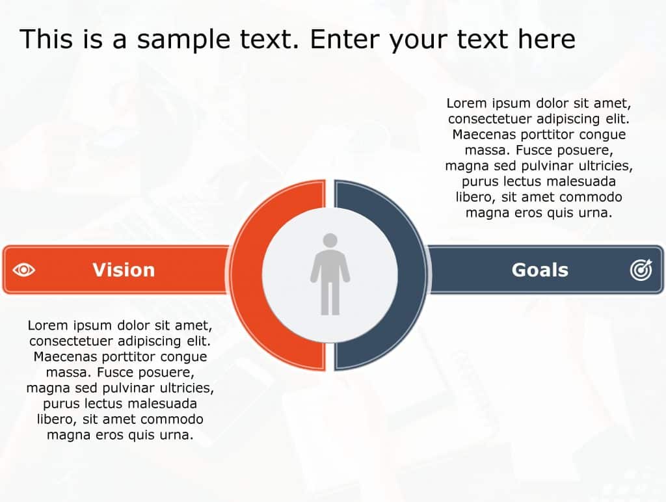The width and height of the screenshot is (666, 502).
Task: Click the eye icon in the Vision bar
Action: coord(24,270)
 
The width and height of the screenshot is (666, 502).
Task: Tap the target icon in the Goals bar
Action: coord(641,270)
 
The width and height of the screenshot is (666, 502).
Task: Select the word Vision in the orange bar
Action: coord(124,270)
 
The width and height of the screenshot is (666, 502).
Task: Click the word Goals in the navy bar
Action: coord(540,270)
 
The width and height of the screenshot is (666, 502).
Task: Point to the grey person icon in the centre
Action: coord(330,274)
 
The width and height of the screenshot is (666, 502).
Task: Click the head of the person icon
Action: coord(330,241)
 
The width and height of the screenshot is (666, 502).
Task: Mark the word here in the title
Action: coord(546,39)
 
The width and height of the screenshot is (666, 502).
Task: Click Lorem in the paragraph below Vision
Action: coord(47,324)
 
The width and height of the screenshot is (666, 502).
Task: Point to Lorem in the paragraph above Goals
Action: coord(466,103)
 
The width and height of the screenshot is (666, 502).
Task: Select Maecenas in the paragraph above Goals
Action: coord(482,135)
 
